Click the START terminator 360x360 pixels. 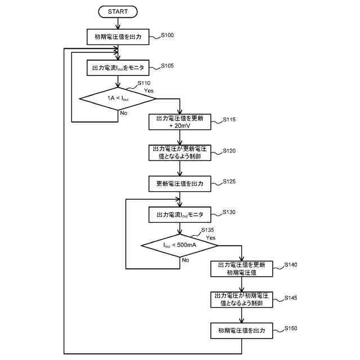[x=118, y=11]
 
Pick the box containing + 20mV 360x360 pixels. [x=179, y=122]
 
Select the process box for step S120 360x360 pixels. [x=179, y=153]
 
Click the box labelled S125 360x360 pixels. [x=179, y=184]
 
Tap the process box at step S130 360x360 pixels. [x=179, y=214]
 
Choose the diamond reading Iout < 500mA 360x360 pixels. [x=179, y=245]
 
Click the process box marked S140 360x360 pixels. [x=241, y=268]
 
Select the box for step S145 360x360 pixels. [x=241, y=299]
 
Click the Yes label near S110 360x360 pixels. [x=149, y=91]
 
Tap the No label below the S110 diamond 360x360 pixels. [x=123, y=112]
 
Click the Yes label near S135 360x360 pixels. [x=211, y=237]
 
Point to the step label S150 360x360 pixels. [x=292, y=327]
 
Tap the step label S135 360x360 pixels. [x=208, y=229]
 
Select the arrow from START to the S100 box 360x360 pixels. [x=118, y=22]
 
